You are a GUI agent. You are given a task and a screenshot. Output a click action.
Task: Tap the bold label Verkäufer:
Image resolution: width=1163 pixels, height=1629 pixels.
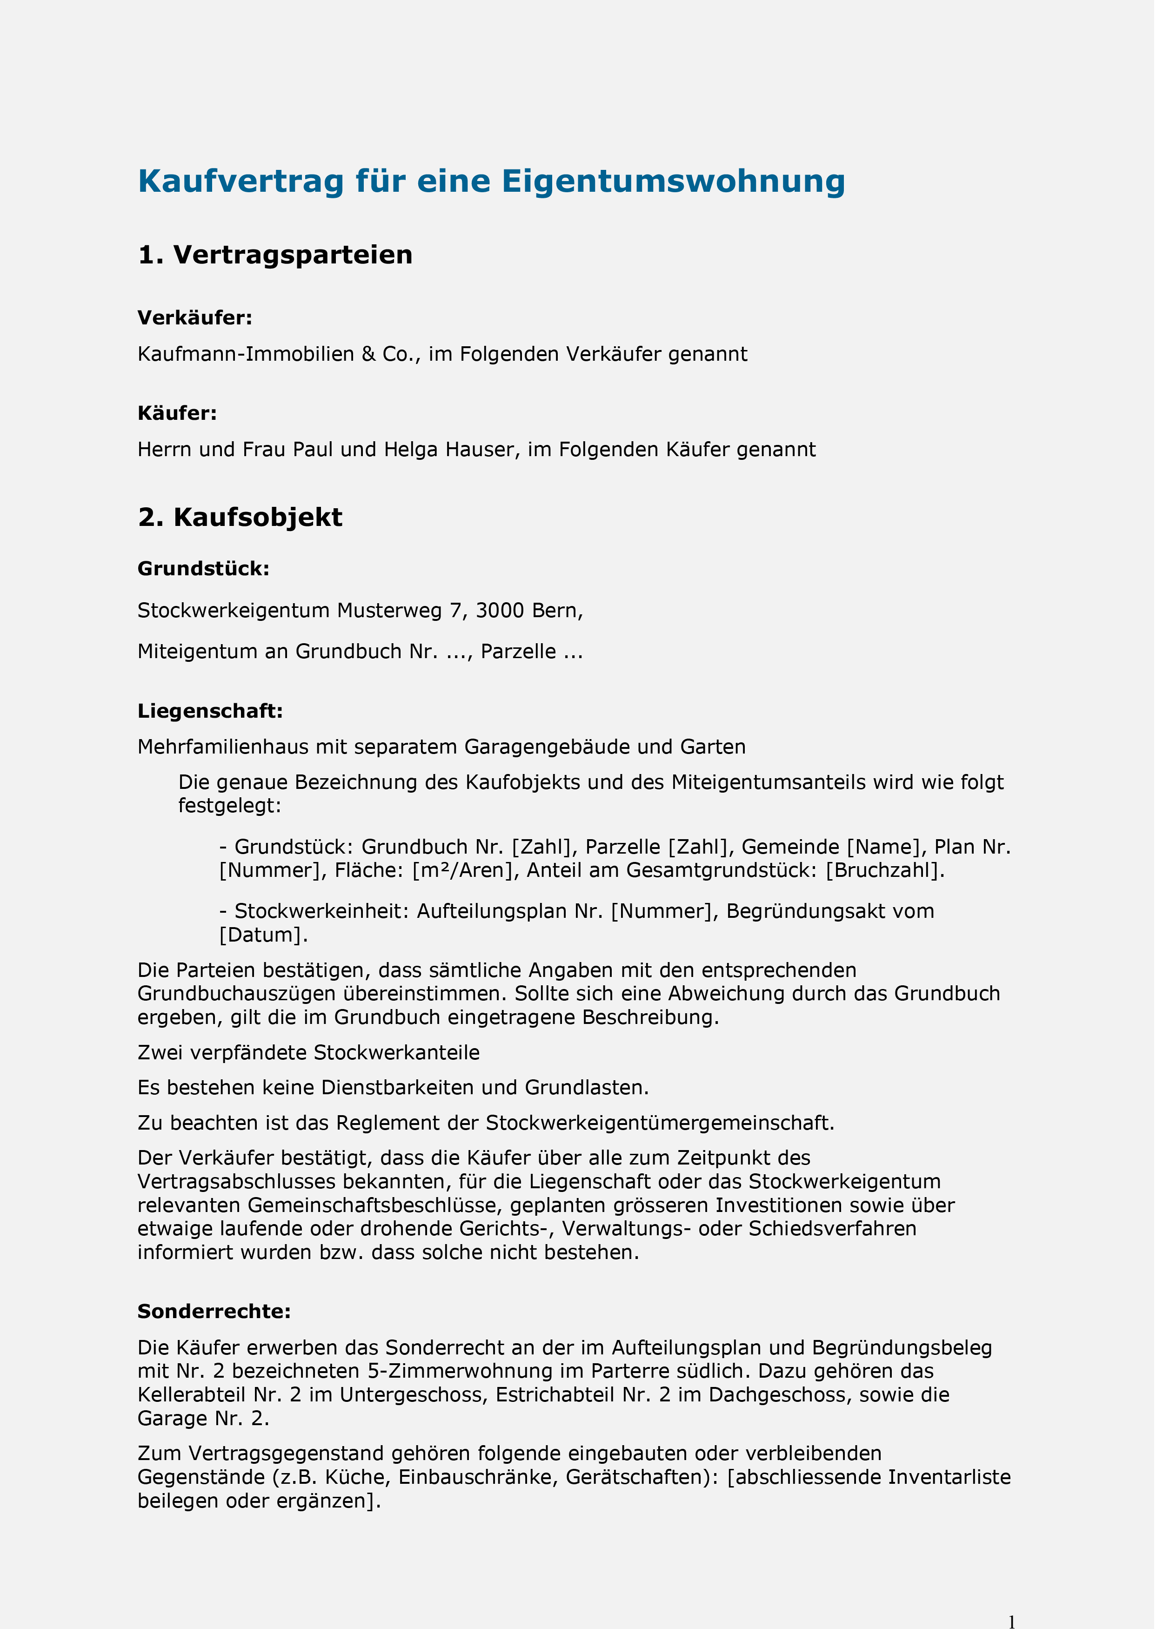(x=195, y=318)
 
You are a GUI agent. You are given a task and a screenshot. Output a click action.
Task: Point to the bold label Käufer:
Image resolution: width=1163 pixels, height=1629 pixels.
(x=177, y=413)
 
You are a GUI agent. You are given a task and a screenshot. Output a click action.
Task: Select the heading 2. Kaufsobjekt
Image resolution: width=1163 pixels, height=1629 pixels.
(x=240, y=517)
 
